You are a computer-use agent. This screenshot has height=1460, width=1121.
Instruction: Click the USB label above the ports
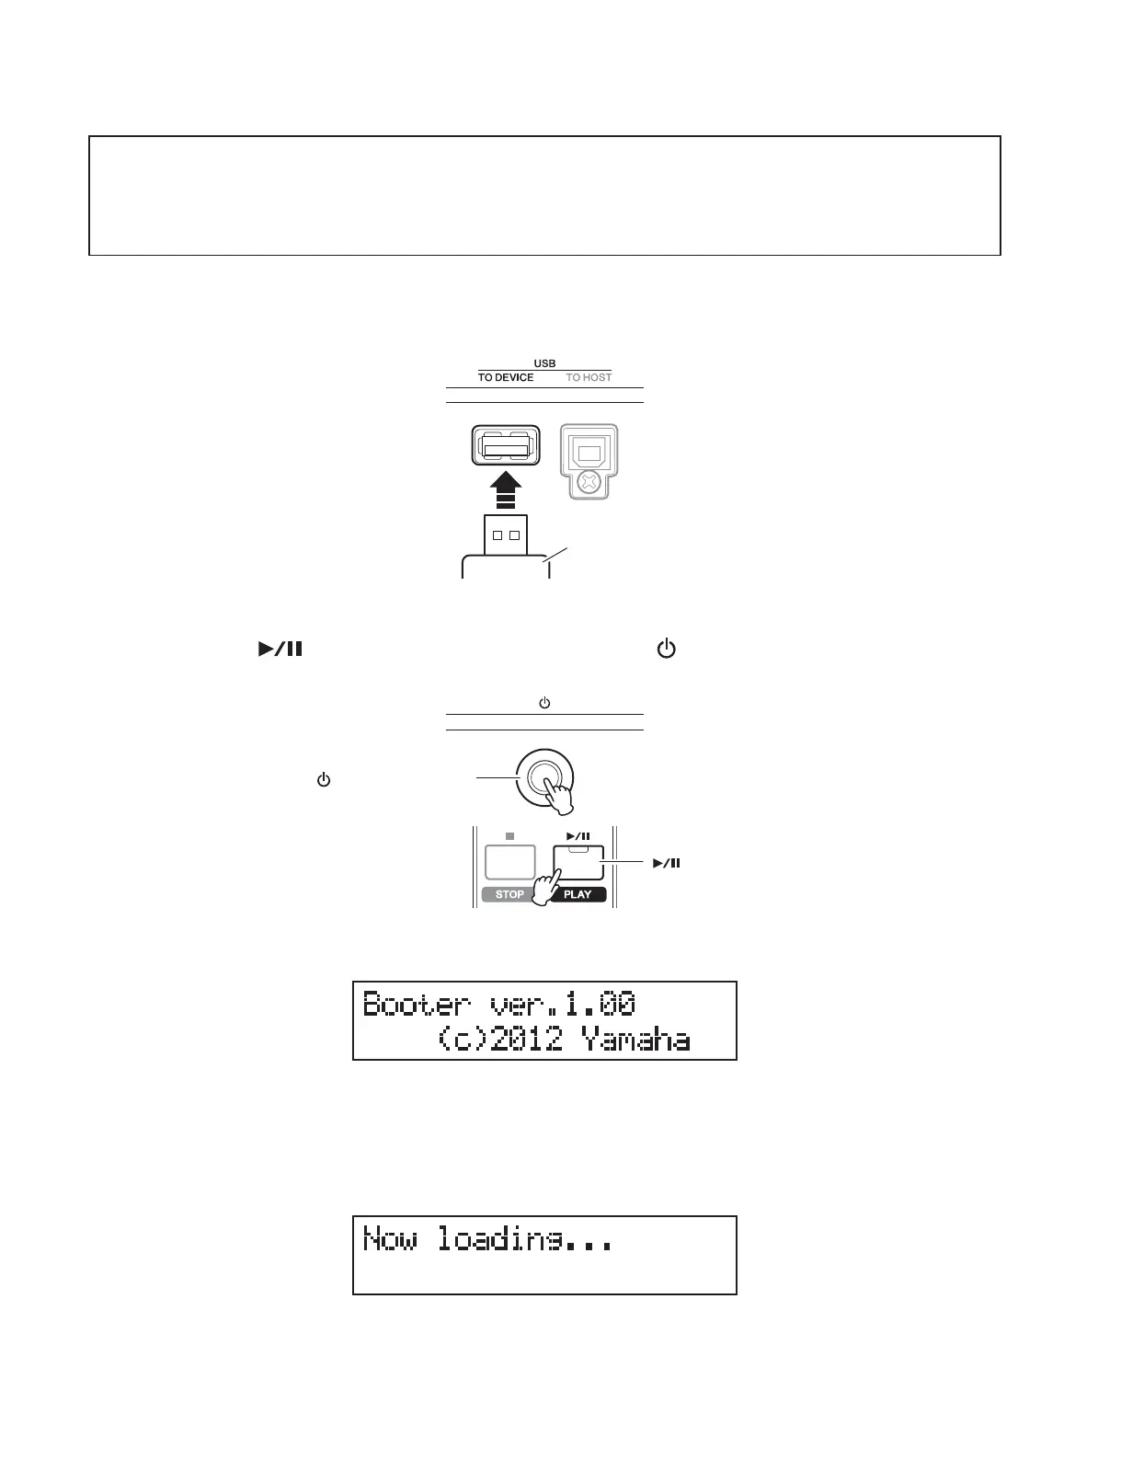544,363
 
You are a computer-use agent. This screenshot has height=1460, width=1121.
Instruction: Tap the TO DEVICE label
505,377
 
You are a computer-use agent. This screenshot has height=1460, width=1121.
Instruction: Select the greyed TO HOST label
589,377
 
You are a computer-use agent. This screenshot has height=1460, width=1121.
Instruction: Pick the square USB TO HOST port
589,452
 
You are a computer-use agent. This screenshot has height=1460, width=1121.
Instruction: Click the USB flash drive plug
505,535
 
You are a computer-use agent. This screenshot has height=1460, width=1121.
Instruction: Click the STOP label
509,894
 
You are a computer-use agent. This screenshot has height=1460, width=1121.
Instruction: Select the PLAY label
578,894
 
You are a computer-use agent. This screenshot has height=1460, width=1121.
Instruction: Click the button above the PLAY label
578,862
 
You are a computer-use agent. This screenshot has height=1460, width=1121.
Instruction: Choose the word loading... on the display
523,1240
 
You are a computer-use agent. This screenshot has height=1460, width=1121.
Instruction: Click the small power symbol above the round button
544,703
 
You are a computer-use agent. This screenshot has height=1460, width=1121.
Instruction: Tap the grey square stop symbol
509,836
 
